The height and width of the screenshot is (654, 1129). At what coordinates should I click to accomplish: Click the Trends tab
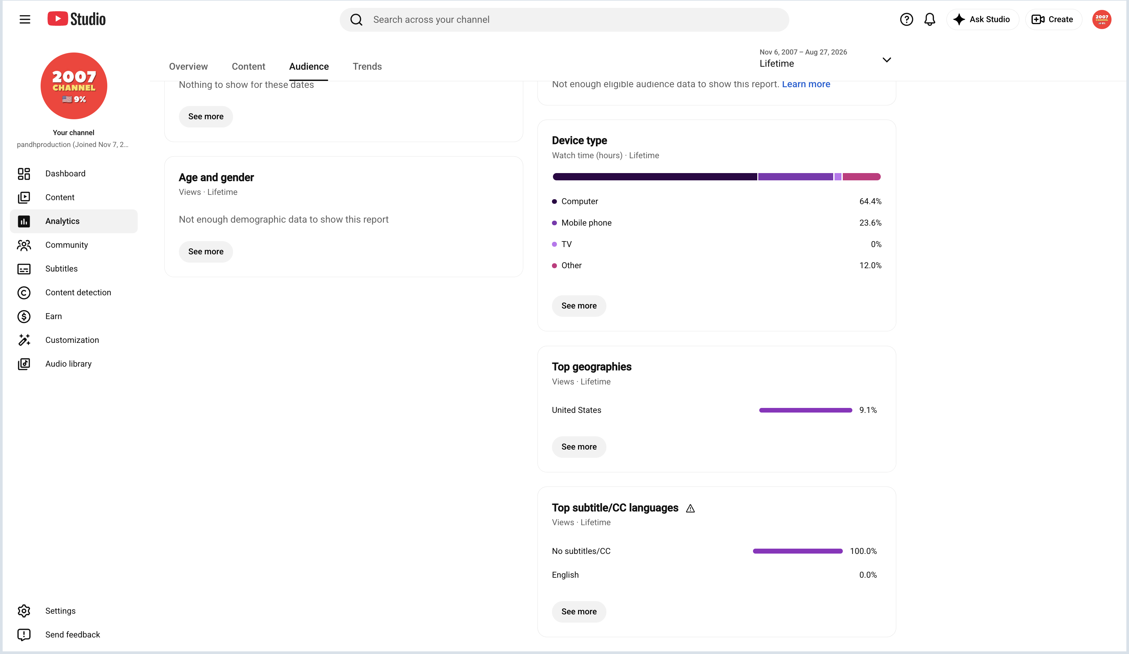tap(367, 66)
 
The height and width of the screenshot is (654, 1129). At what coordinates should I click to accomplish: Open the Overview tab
tap(188, 66)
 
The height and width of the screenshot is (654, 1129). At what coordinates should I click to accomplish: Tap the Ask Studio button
tap(982, 19)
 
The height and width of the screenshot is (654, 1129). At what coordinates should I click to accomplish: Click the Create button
tap(1053, 19)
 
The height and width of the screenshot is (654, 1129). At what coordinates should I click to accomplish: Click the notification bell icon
tap(930, 19)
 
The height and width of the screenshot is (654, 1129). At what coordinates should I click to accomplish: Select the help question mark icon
tap(907, 19)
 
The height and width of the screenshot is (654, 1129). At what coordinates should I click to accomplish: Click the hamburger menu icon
tap(25, 19)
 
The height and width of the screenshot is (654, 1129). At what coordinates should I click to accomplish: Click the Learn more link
tap(806, 84)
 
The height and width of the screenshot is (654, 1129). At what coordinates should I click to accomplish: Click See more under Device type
tap(579, 306)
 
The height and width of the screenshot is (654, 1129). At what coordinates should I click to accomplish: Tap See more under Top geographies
tap(579, 447)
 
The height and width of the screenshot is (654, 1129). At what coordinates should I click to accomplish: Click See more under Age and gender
tap(206, 251)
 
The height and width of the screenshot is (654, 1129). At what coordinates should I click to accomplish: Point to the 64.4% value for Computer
tap(870, 201)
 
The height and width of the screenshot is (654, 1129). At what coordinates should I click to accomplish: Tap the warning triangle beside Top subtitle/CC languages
tap(690, 508)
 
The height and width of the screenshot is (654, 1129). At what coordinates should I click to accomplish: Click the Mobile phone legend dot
tap(554, 223)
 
